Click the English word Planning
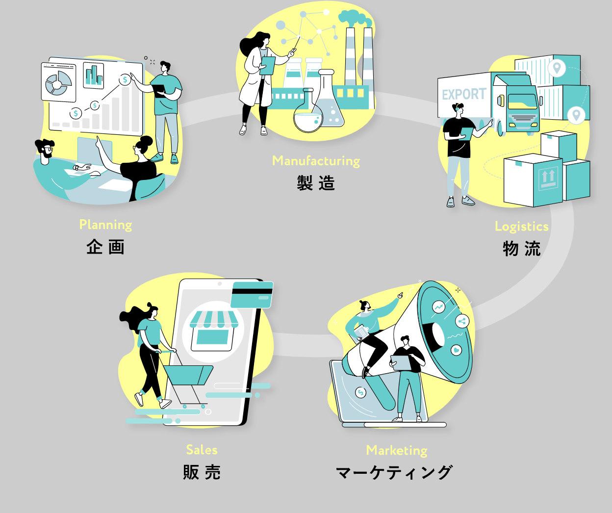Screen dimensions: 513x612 pos(105,225)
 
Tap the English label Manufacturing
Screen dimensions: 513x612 pos(316,161)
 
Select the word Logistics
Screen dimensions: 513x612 pos(521,226)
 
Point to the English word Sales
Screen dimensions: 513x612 pos(202,450)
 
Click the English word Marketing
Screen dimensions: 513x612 pos(396,450)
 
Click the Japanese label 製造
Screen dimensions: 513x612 pos(316,183)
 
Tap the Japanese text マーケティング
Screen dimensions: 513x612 pos(394,472)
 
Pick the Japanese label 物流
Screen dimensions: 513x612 pos(521,249)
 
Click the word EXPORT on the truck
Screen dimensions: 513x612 pos(463,94)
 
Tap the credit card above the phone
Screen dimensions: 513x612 pos(252,294)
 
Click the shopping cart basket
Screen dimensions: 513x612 pos(187,375)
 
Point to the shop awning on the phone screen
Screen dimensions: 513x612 pos(214,320)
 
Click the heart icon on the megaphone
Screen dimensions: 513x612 pos(457,350)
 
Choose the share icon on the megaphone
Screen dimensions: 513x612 pos(461,322)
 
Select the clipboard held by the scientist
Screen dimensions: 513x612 pos(267,65)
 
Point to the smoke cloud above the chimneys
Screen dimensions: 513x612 pos(355,18)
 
